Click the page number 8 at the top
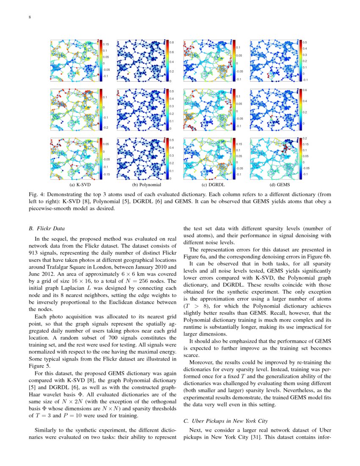(29, 17)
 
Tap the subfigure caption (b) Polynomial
(146, 185)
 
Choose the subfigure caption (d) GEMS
(279, 185)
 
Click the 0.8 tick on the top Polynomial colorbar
(172, 43)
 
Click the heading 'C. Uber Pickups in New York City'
(225, 422)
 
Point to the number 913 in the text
(33, 253)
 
